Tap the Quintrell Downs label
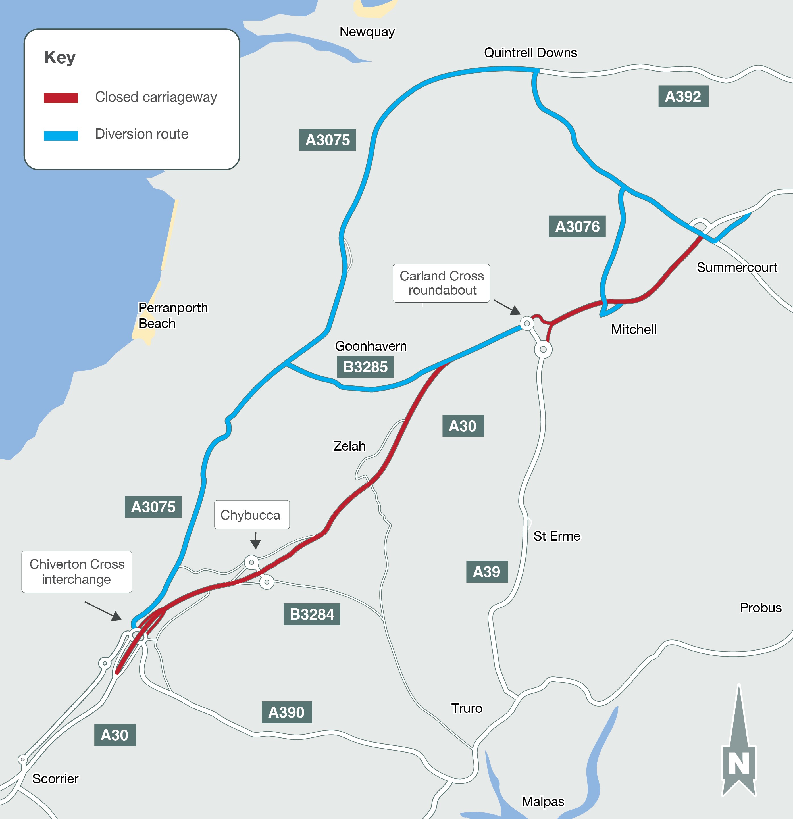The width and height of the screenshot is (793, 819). (530, 53)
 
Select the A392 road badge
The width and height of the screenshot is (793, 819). (683, 97)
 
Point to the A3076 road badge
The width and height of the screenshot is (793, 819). (577, 226)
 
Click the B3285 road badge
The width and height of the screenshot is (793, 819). (365, 367)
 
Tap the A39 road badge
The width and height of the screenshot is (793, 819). (487, 572)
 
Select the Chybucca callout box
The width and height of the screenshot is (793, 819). (251, 515)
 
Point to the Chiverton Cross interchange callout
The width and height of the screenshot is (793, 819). (77, 572)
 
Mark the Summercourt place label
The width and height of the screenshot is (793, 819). (736, 267)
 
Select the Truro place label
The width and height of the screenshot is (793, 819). (467, 708)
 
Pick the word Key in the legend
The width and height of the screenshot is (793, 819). (60, 57)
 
